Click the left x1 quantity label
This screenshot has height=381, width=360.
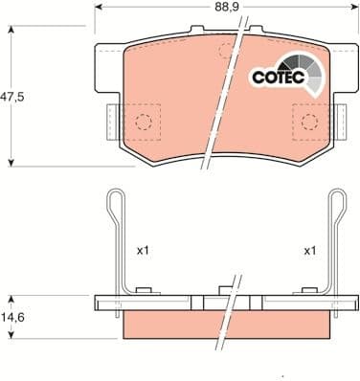coord(143,251)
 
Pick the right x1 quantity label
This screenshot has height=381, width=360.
coord(310,251)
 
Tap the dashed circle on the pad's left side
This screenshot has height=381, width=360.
coord(143,122)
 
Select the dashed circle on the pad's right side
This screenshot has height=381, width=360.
coord(309,122)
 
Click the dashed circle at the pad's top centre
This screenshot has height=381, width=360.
coord(226,50)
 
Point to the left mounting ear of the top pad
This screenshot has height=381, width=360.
coord(105,57)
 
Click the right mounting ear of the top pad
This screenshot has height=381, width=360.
coord(347,57)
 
